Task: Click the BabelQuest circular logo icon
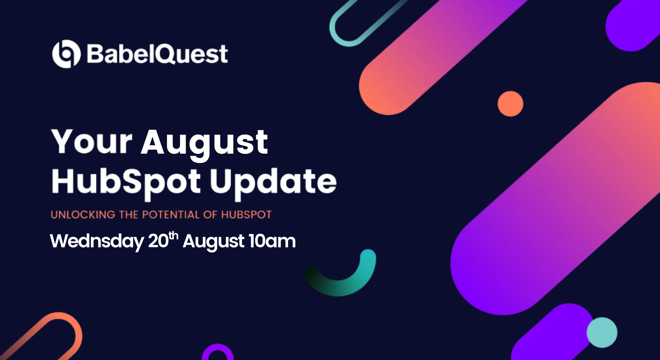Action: tap(66, 54)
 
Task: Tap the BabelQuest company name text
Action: tap(157, 54)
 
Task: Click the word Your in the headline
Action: tap(92, 142)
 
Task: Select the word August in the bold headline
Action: tap(204, 143)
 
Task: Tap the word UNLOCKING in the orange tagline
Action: tap(83, 215)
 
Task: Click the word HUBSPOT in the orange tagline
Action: tap(246, 215)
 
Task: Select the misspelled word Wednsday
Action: tap(97, 241)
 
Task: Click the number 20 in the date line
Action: tap(158, 241)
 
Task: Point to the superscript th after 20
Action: tap(173, 235)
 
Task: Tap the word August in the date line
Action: tap(213, 241)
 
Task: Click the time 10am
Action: tap(272, 241)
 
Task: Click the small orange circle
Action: tap(510, 104)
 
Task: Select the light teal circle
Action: tap(602, 332)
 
